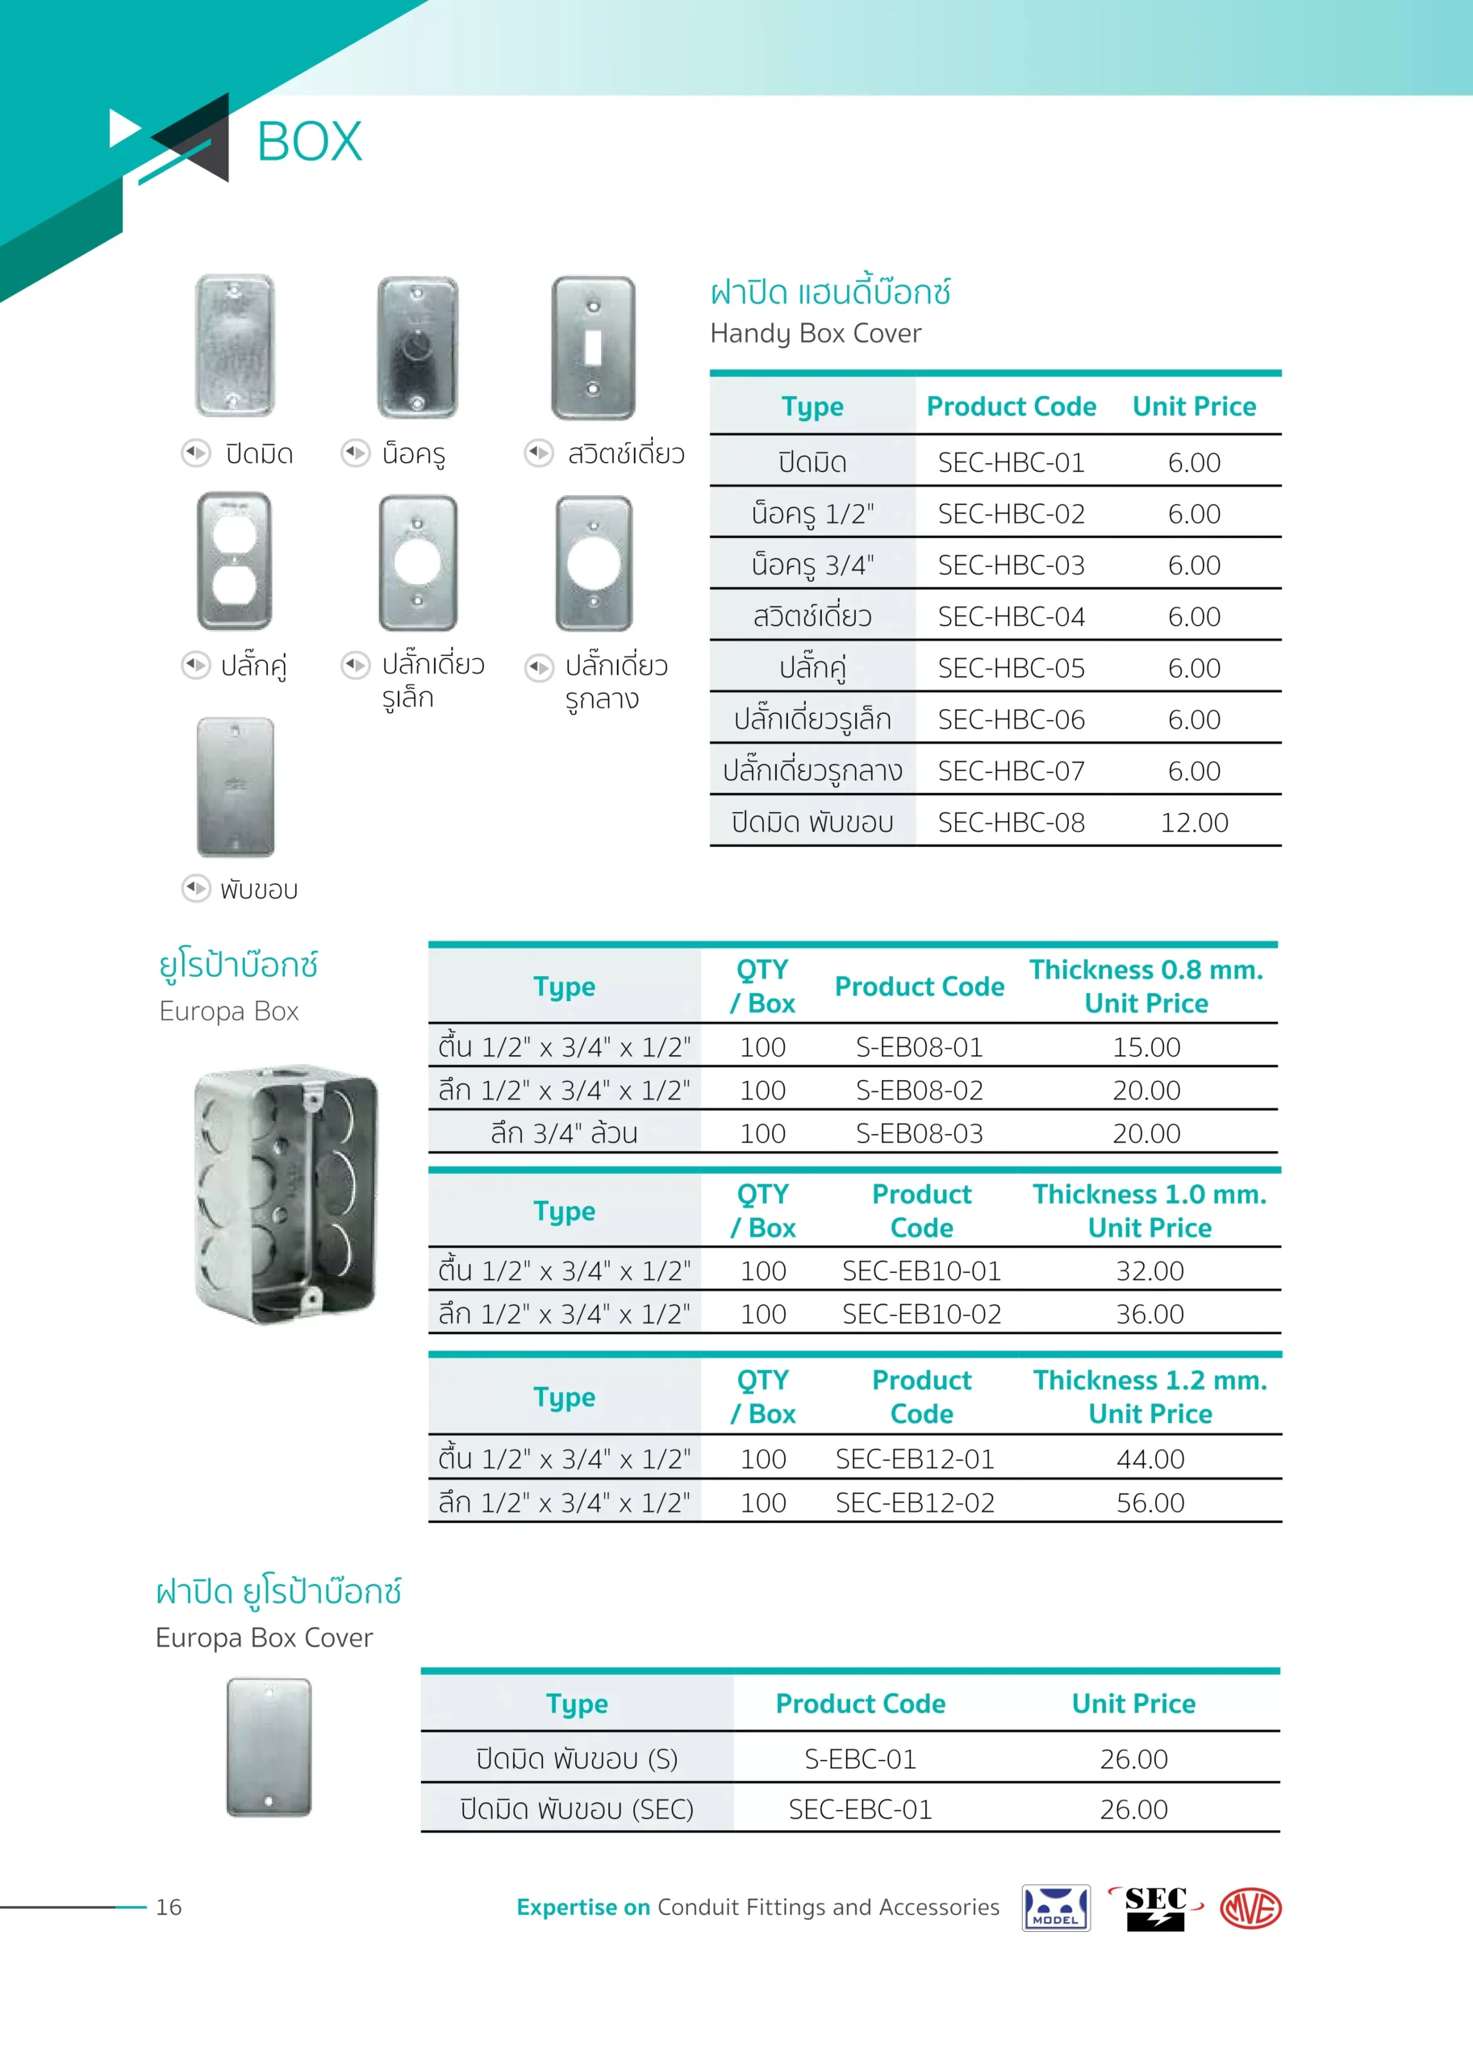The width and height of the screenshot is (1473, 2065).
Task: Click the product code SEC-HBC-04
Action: point(1011,617)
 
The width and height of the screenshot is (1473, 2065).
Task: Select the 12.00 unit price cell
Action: point(1194,823)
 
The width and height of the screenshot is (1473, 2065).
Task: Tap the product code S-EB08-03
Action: point(919,1133)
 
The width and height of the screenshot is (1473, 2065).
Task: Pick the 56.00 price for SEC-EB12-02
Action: point(1150,1503)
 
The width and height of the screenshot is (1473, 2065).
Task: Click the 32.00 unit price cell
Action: point(1150,1270)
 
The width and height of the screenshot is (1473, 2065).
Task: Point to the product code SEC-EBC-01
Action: point(860,1809)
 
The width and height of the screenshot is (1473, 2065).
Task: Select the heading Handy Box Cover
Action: point(816,334)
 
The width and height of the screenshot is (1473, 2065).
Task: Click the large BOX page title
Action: point(309,143)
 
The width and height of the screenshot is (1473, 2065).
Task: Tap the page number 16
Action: point(169,1907)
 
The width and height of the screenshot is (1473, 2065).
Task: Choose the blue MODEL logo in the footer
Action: point(1055,1908)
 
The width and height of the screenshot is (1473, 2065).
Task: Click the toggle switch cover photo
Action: point(593,348)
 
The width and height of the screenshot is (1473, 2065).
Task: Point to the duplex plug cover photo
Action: point(234,561)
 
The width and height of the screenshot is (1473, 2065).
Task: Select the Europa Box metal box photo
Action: point(286,1195)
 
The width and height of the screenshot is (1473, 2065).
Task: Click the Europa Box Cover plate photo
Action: point(269,1746)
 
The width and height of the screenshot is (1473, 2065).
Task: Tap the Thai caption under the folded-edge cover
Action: point(258,889)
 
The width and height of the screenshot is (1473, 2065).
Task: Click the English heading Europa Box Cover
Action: point(264,1637)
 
